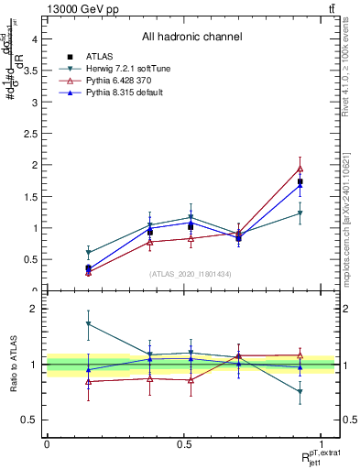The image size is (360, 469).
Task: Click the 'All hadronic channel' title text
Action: (191, 38)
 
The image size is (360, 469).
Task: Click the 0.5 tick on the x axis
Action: (184, 443)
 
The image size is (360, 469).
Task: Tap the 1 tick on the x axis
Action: (322, 443)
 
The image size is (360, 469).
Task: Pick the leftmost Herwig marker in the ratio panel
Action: (88, 323)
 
